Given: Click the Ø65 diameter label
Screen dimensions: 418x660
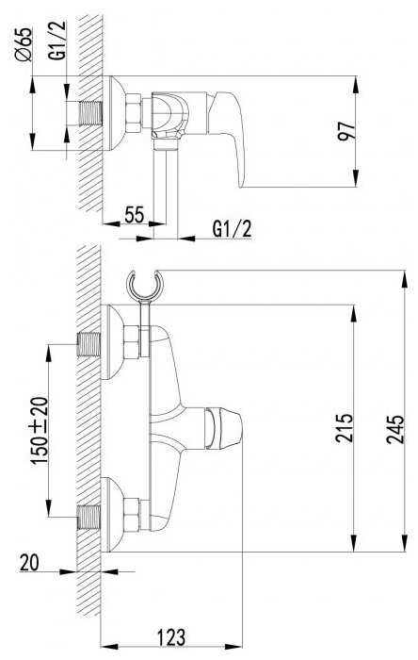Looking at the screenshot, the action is (24, 44).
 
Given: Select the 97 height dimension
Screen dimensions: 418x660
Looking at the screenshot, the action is (347, 131).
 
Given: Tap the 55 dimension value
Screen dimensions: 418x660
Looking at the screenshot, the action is (135, 214).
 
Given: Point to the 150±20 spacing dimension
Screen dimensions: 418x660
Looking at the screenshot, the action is (40, 430).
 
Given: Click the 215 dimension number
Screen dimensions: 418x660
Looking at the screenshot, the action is (344, 428).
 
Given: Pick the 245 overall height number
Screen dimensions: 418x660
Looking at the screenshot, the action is (395, 429).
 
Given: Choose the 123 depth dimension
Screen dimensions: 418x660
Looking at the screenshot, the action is (171, 637).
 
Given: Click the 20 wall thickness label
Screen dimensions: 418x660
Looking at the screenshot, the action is (29, 562).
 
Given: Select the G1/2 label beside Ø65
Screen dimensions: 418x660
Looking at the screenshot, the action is (57, 40).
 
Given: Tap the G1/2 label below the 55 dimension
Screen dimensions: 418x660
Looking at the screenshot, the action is (233, 229).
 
